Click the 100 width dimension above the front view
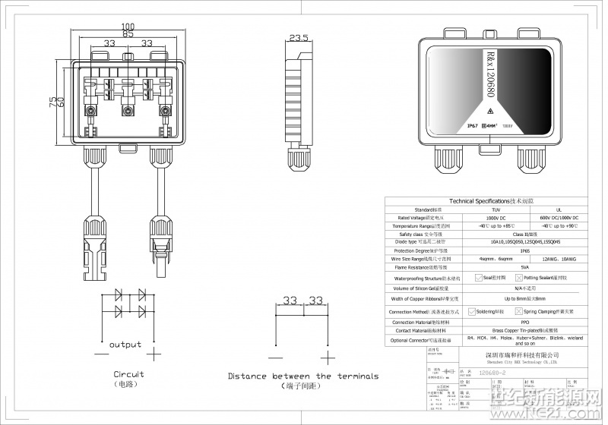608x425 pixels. (x=128, y=25)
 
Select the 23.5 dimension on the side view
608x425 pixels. (x=299, y=37)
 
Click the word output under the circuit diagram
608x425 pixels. (x=125, y=345)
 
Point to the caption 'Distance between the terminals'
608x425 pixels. (x=303, y=376)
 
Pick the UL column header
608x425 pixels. (x=559, y=209)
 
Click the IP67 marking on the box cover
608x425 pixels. (x=471, y=126)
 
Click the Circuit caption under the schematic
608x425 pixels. (x=128, y=374)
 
